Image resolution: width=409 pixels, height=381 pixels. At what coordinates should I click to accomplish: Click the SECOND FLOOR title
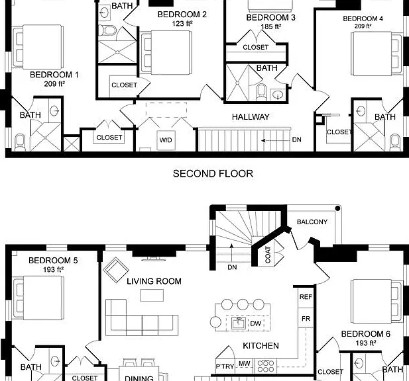213,173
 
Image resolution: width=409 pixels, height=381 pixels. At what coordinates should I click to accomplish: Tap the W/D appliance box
166,140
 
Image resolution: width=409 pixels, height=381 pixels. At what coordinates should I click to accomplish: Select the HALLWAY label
251,117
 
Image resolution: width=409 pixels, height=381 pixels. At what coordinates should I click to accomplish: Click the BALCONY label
312,222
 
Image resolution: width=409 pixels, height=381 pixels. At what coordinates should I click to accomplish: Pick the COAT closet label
268,255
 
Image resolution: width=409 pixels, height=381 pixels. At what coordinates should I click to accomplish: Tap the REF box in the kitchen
306,297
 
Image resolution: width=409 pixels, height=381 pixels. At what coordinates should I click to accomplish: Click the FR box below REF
306,319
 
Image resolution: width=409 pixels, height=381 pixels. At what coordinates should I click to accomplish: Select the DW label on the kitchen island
255,323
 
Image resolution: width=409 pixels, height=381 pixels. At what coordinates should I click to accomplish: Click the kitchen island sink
239,323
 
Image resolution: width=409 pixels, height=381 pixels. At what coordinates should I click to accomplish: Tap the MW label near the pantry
244,364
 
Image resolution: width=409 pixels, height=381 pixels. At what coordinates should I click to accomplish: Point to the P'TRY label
225,366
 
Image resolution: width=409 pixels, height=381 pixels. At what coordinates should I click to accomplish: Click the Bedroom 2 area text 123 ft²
182,23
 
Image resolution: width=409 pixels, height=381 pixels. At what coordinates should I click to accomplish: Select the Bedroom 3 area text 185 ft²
270,26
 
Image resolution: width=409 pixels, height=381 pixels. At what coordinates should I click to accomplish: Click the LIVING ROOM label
154,281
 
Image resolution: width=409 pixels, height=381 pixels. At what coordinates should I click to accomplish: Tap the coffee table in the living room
152,295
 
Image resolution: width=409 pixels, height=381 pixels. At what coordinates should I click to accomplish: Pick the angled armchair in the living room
116,269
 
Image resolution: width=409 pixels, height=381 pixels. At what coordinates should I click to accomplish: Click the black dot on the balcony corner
337,208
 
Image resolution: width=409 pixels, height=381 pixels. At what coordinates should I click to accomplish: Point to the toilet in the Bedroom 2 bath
107,30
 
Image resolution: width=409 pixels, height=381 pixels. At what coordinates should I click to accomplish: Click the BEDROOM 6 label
366,334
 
